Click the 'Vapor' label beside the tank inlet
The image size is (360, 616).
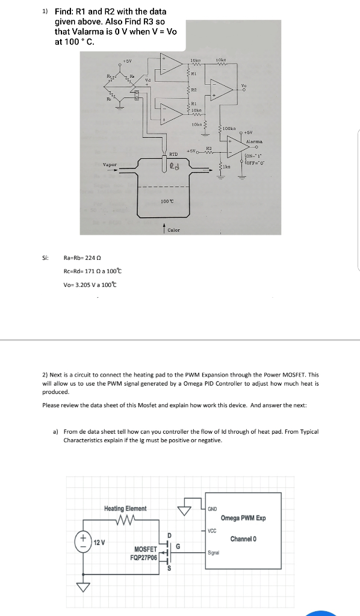110,164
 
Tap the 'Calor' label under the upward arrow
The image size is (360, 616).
173,230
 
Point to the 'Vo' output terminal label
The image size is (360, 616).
243,85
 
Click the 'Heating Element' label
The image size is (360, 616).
125,508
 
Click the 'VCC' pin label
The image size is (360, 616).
211,530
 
